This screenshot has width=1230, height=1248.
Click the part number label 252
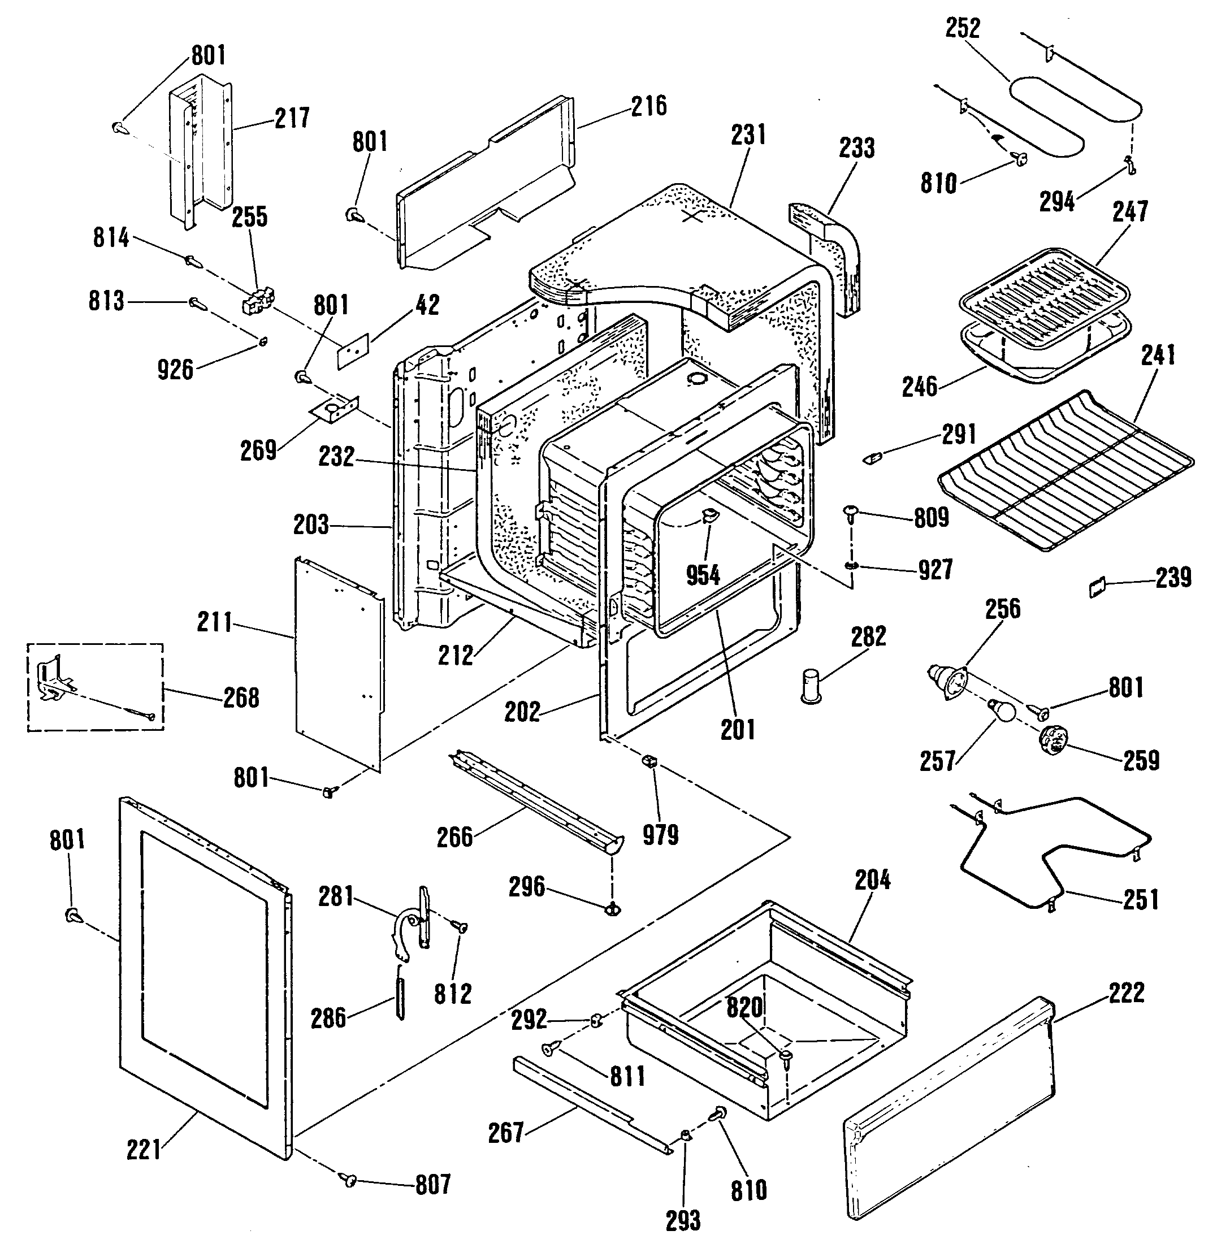963,28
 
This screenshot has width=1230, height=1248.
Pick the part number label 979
660,835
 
